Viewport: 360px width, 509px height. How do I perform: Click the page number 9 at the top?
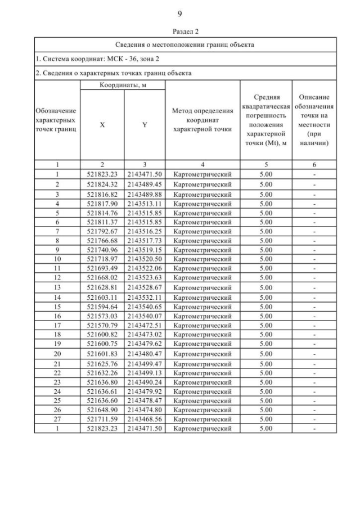(179, 13)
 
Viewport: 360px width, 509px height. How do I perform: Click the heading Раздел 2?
(179, 31)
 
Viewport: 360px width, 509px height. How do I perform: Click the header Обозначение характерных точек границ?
(57, 120)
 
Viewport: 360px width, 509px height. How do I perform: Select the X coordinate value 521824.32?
(102, 184)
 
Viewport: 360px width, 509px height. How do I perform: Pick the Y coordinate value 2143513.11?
(145, 204)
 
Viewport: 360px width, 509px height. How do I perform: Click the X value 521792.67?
(102, 231)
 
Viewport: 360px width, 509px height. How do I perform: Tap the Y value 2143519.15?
(145, 250)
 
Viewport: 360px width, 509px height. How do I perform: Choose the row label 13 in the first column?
(57, 287)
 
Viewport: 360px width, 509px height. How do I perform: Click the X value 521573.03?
(102, 316)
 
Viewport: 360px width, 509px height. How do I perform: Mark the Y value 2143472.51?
(145, 325)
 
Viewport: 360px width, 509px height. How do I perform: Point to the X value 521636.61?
(102, 391)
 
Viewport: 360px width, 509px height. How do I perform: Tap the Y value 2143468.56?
(145, 419)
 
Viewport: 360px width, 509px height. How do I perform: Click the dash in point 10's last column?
(314, 259)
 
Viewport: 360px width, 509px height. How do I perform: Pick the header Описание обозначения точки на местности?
(314, 120)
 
